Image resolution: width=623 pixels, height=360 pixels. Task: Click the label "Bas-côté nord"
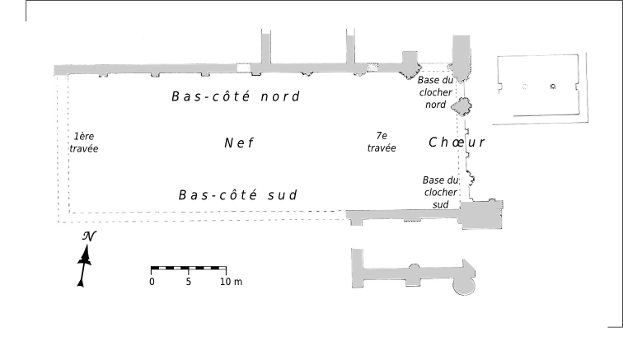click(235, 96)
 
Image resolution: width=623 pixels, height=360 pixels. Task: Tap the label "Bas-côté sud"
click(237, 195)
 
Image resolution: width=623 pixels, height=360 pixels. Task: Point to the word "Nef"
click(238, 143)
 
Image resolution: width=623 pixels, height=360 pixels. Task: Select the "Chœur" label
click(457, 143)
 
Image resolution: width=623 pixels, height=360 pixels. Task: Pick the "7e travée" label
click(382, 141)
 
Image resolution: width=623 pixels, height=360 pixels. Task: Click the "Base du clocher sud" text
click(438, 191)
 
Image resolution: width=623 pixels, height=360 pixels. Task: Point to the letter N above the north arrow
click(88, 236)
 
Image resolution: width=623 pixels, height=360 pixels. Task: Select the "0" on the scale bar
click(152, 282)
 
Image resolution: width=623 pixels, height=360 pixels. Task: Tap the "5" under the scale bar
click(189, 282)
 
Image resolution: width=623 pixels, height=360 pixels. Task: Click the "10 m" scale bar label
click(231, 282)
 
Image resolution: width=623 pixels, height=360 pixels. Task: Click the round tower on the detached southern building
click(463, 284)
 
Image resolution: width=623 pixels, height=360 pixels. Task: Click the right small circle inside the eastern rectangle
click(554, 86)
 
